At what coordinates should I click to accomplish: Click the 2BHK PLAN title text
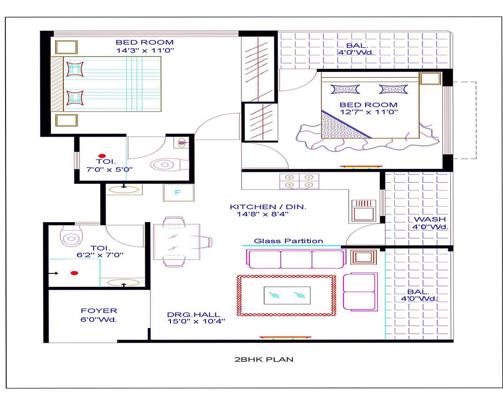(264, 359)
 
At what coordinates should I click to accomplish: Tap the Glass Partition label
(288, 241)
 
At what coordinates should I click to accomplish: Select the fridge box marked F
(179, 192)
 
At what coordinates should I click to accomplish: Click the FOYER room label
(99, 311)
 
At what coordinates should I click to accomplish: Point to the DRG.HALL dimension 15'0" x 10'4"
(196, 322)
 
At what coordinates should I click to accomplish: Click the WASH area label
(430, 219)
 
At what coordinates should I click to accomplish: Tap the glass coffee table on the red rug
(287, 295)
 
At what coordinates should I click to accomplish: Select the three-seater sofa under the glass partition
(296, 259)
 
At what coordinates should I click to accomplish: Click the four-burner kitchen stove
(299, 181)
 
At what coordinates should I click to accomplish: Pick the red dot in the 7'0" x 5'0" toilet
(102, 156)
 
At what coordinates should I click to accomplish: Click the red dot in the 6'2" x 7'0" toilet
(74, 273)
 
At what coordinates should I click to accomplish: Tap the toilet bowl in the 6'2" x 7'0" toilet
(71, 236)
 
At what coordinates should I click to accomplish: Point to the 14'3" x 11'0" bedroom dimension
(145, 50)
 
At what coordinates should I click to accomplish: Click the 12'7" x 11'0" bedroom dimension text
(369, 112)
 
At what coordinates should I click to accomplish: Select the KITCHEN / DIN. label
(268, 207)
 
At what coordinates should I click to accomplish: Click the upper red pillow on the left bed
(75, 69)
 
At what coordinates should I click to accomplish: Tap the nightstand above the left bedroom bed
(66, 47)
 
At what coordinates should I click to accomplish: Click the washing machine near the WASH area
(364, 211)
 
